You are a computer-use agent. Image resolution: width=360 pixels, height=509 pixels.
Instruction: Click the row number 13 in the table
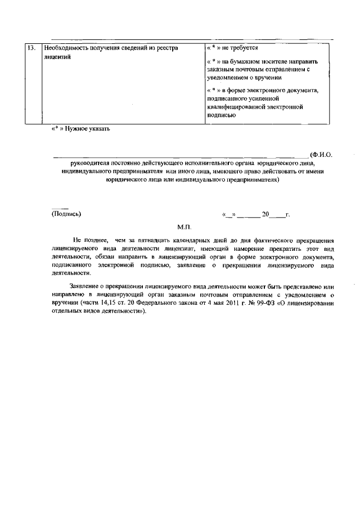[x=31, y=48]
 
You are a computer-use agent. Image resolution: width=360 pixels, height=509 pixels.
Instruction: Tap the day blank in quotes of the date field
[x=229, y=214]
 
